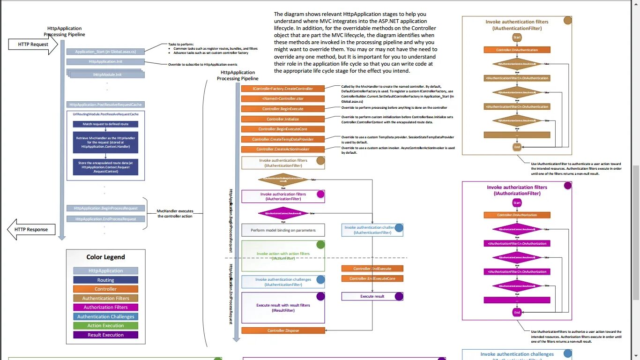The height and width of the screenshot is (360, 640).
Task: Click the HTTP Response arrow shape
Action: pos(31,230)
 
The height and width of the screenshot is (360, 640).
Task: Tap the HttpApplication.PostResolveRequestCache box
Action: pos(105,105)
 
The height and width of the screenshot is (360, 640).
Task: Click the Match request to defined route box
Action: pos(105,124)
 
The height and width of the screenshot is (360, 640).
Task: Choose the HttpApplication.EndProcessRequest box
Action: pos(105,219)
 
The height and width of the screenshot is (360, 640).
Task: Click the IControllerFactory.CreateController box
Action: pos(283,89)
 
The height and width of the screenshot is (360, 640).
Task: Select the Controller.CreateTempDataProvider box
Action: pos(283,139)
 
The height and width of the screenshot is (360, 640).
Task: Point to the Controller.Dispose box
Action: pos(283,330)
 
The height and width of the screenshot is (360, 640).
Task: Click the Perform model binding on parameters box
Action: pos(283,230)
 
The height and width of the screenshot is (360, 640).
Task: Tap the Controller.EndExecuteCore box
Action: pos(372,278)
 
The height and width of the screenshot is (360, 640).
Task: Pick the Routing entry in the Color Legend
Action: pos(105,280)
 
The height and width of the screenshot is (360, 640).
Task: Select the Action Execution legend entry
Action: pos(105,326)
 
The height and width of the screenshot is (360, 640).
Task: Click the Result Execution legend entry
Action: pos(105,335)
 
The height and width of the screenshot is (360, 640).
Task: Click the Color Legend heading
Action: pos(105,257)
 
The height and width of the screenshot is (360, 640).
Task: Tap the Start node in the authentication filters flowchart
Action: pos(517,37)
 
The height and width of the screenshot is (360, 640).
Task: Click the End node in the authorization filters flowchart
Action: pos(517,312)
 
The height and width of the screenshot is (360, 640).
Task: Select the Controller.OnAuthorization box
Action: pos(517,215)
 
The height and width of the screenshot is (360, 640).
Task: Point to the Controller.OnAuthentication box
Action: pos(517,50)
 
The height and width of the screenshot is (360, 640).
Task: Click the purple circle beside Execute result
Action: pos(399,296)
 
